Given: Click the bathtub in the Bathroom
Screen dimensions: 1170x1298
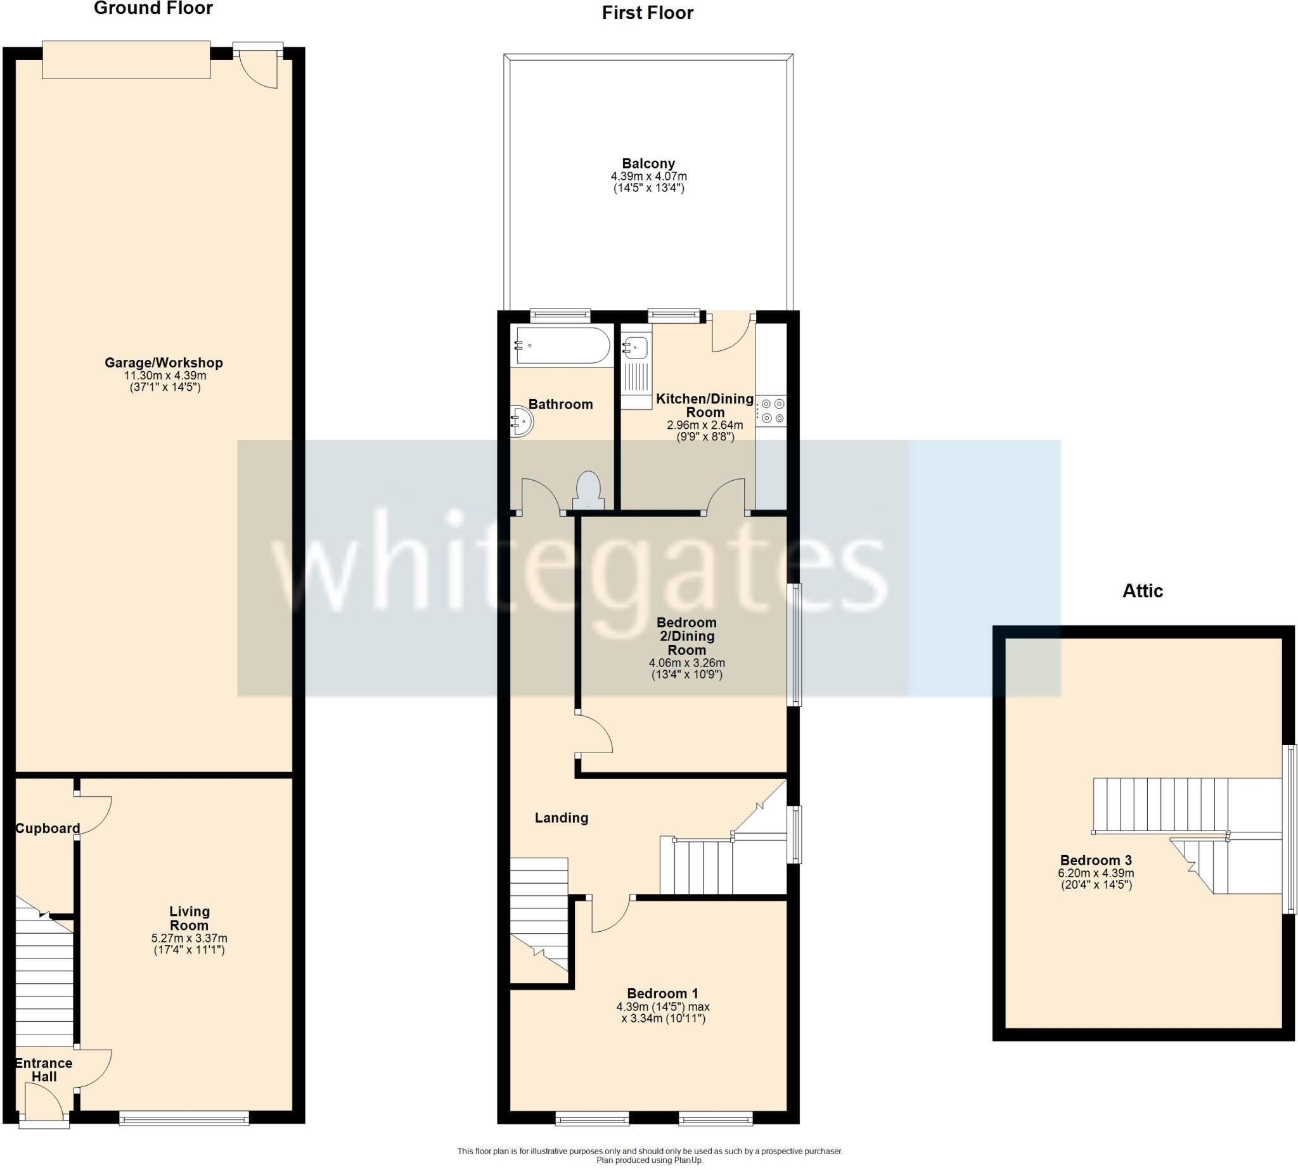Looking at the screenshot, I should pyautogui.click(x=562, y=346).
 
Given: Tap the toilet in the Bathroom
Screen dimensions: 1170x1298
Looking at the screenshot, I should pyautogui.click(x=588, y=492).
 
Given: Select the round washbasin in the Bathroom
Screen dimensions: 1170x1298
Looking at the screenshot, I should pyautogui.click(x=522, y=422).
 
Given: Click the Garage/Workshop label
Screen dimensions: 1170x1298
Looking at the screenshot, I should pyautogui.click(x=165, y=362).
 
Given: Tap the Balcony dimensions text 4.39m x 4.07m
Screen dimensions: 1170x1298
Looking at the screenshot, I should pyautogui.click(x=648, y=176).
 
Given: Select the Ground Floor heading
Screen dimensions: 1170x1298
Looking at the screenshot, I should pyautogui.click(x=153, y=8).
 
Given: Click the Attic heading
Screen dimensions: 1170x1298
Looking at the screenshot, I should pyautogui.click(x=1142, y=591).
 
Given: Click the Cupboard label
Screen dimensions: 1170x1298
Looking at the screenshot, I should pyautogui.click(x=48, y=829).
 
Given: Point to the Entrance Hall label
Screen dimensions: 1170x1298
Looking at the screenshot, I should pyautogui.click(x=44, y=1070).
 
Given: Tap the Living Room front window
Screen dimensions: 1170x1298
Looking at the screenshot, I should pyautogui.click(x=184, y=1120).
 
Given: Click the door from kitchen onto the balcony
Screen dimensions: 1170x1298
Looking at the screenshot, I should pyautogui.click(x=732, y=333).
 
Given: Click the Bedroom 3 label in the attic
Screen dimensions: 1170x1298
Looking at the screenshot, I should pyautogui.click(x=1096, y=860).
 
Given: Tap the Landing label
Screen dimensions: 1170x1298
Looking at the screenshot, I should pyautogui.click(x=562, y=818).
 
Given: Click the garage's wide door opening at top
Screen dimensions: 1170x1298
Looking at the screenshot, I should pyautogui.click(x=126, y=60).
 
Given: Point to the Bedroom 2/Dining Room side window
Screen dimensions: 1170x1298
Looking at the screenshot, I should pyautogui.click(x=795, y=645).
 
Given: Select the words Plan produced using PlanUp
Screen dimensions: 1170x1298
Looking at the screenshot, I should pyautogui.click(x=650, y=1160).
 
